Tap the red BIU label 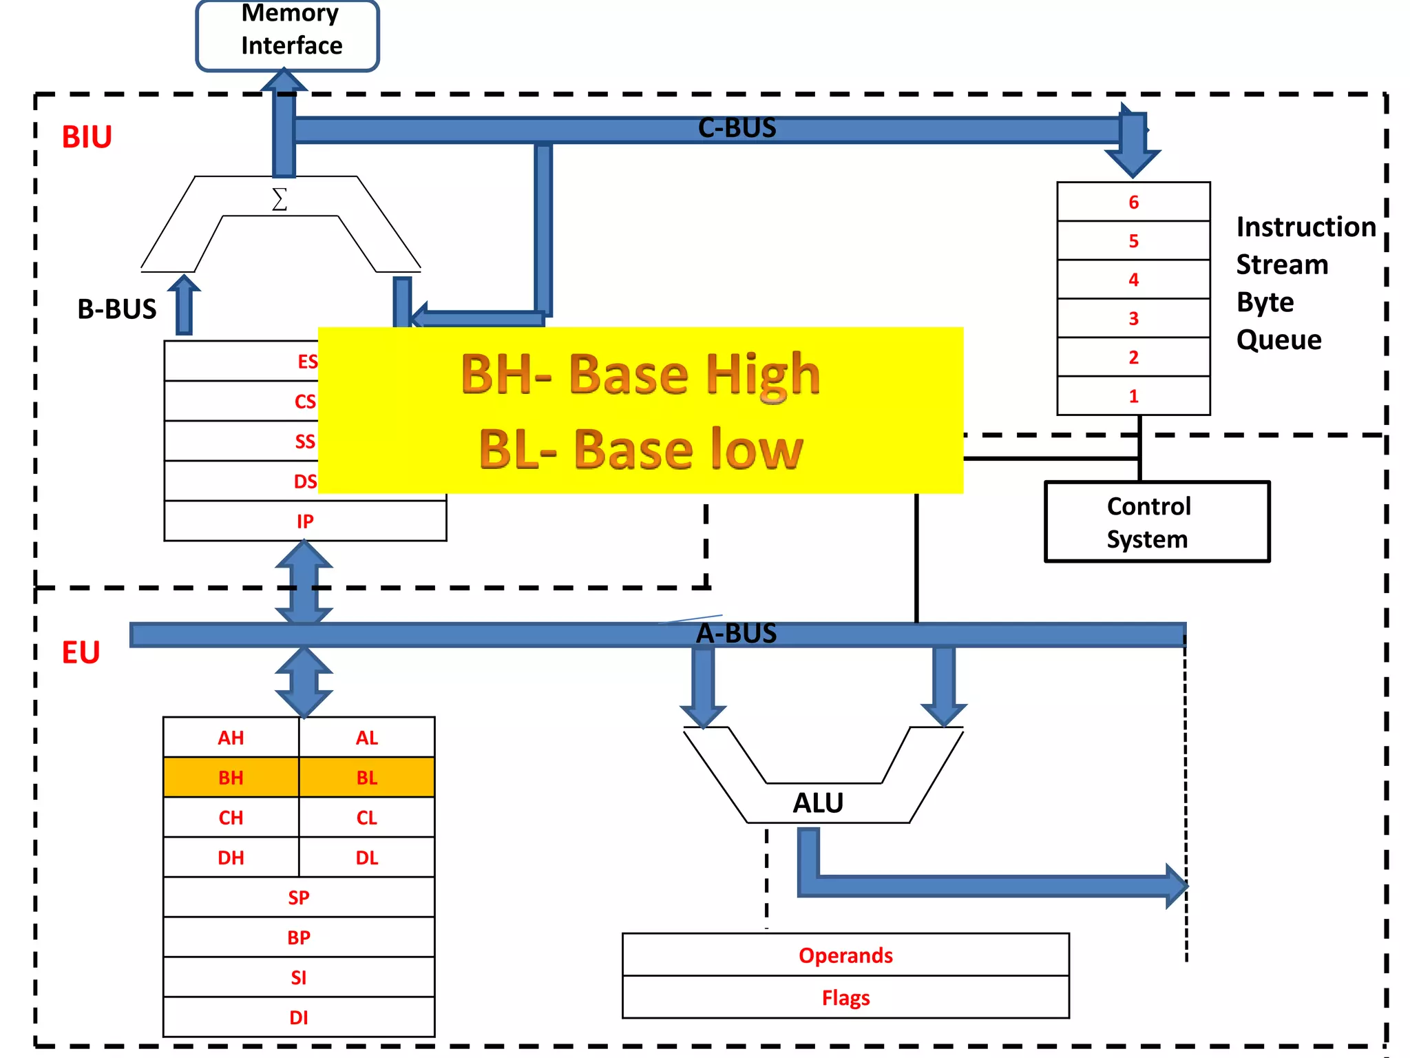click(87, 137)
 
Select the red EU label click(81, 652)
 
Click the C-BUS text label click(737, 128)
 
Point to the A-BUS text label click(736, 634)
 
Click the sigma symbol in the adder click(280, 200)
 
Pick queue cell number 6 click(1133, 202)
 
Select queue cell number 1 click(1133, 396)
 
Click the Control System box click(1157, 522)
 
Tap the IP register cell click(305, 521)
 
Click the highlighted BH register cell click(231, 778)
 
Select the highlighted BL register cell click(367, 778)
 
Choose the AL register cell click(367, 738)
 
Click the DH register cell click(231, 858)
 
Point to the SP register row click(299, 898)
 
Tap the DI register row click(299, 1017)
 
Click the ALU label click(818, 803)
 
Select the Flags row click(845, 997)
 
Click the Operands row click(845, 955)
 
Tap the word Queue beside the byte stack click(1279, 340)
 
